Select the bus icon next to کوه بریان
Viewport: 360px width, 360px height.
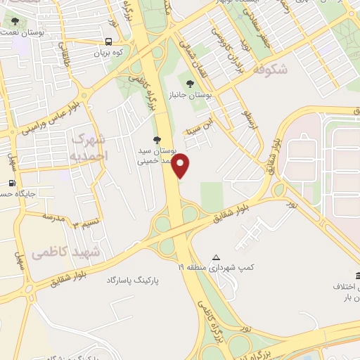point(110,42)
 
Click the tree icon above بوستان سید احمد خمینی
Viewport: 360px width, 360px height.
point(157,139)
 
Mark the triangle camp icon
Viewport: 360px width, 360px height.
point(216,257)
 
